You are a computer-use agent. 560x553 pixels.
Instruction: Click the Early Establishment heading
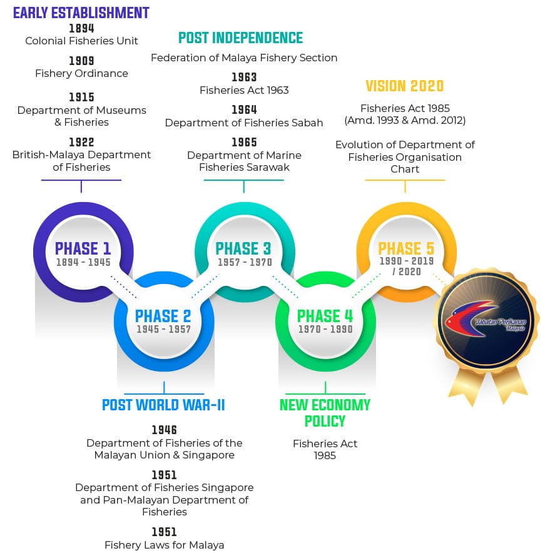(81, 13)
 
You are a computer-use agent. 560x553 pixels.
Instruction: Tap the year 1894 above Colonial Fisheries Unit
(81, 28)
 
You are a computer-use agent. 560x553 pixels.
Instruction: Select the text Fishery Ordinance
(81, 73)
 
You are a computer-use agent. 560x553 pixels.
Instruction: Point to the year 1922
(81, 142)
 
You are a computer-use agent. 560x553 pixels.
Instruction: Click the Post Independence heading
(240, 38)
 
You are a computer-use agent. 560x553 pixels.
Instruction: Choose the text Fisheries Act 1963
(244, 90)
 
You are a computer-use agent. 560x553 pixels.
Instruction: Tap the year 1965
(244, 142)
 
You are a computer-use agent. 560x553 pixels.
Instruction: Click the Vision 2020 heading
(405, 86)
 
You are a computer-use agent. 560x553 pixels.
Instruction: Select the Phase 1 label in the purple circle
(83, 248)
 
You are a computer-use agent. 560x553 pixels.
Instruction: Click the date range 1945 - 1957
(163, 329)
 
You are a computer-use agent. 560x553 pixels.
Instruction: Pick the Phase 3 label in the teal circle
(243, 248)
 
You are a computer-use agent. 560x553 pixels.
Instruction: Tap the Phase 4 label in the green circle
(325, 316)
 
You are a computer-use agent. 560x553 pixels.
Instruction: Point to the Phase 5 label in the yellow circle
(406, 248)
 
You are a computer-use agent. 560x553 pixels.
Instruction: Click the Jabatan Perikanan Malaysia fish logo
(468, 319)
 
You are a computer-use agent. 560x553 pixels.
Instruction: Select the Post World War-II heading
(163, 405)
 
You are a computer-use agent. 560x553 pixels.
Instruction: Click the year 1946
(165, 430)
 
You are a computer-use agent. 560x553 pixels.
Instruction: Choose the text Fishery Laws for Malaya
(165, 545)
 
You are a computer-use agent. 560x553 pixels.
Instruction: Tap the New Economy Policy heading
(325, 413)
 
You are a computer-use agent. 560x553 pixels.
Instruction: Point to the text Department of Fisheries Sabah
(244, 123)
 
